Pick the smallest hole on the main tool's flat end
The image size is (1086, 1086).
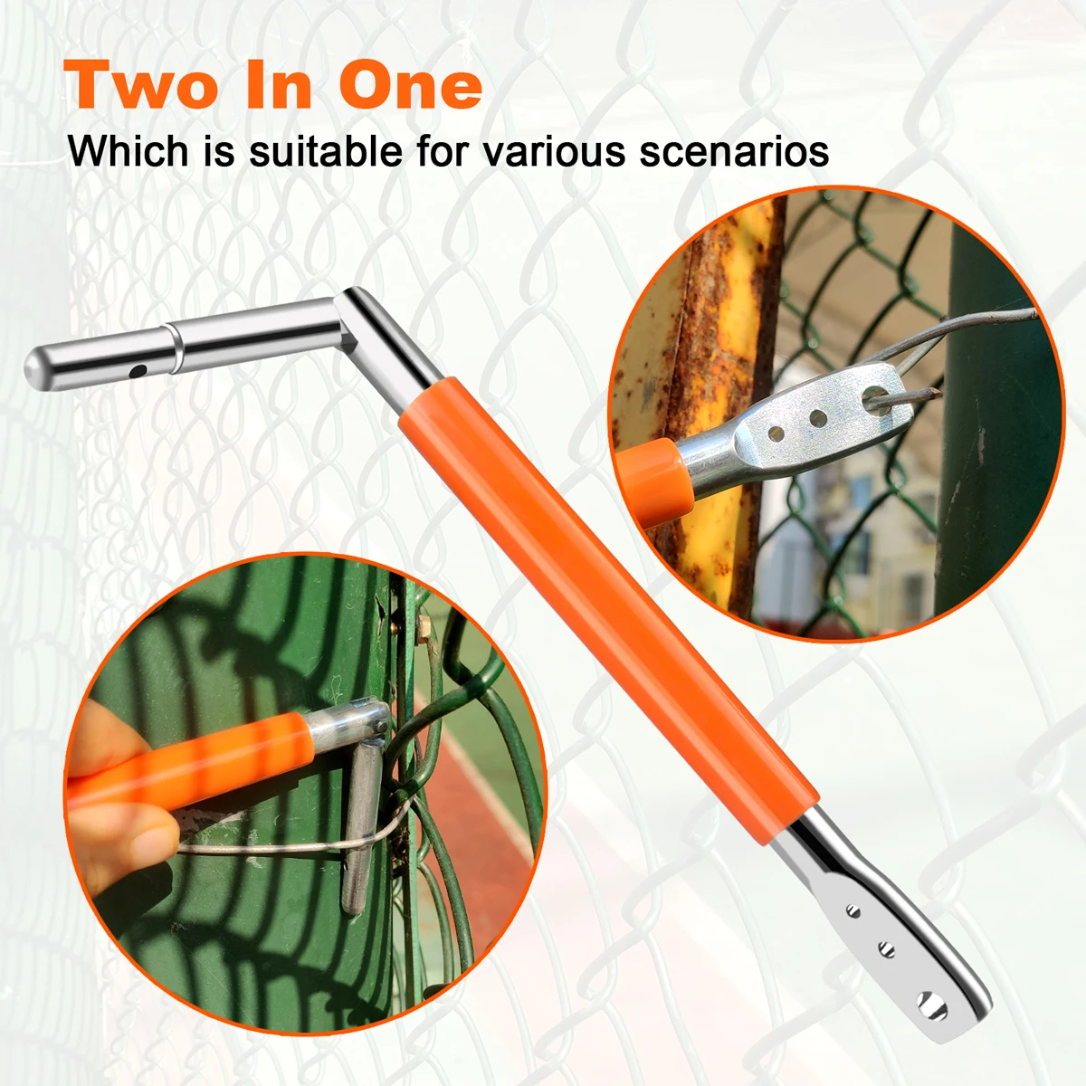click(x=854, y=910)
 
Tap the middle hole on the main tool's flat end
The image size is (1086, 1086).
click(x=887, y=949)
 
